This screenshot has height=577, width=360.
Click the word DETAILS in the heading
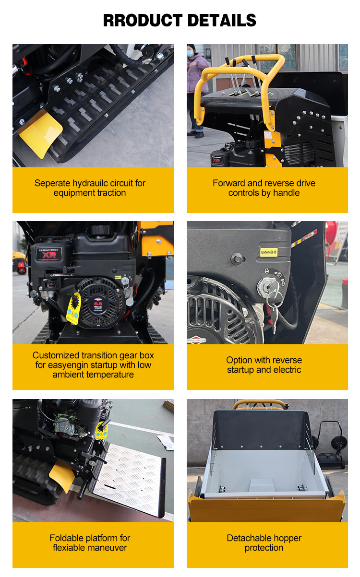tap(222, 20)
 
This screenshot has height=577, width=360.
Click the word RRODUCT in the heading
tap(143, 20)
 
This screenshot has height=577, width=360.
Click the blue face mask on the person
tap(190, 54)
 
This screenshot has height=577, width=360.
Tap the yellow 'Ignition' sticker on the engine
tap(268, 252)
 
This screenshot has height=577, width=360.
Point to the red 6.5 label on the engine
tap(98, 305)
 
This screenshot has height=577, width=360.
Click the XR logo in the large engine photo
tap(49, 255)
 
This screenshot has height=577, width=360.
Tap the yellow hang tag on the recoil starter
tap(74, 308)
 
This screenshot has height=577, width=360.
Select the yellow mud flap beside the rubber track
tap(41, 134)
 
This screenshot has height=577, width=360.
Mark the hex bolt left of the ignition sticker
tap(237, 258)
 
